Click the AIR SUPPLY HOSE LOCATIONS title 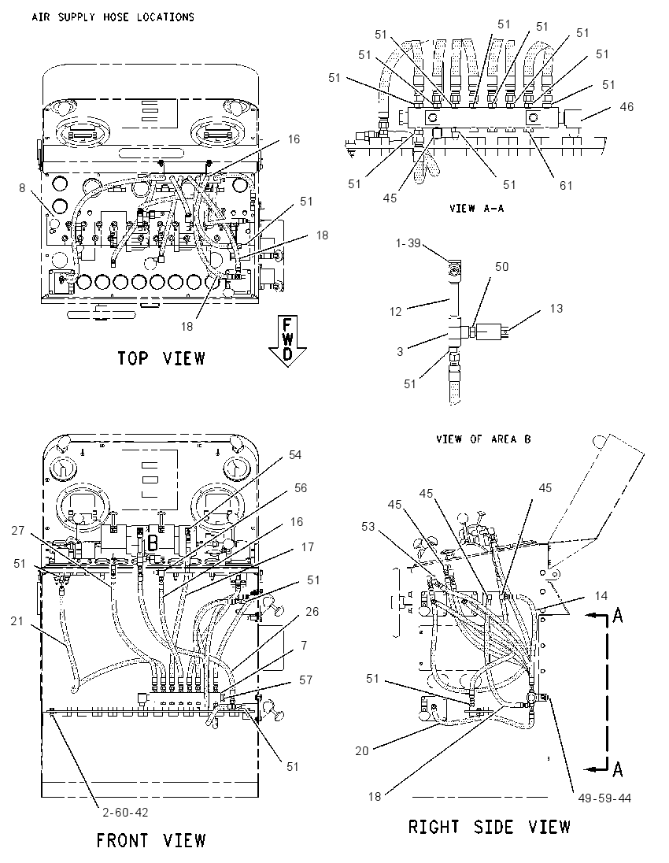coord(113,17)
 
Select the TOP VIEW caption coord(161,358)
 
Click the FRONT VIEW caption coord(151,840)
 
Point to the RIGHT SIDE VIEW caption coord(489,827)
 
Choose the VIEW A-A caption coord(476,208)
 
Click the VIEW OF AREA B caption coord(483,439)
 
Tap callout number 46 coord(626,107)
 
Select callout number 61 coord(566,186)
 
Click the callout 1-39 coord(408,243)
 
